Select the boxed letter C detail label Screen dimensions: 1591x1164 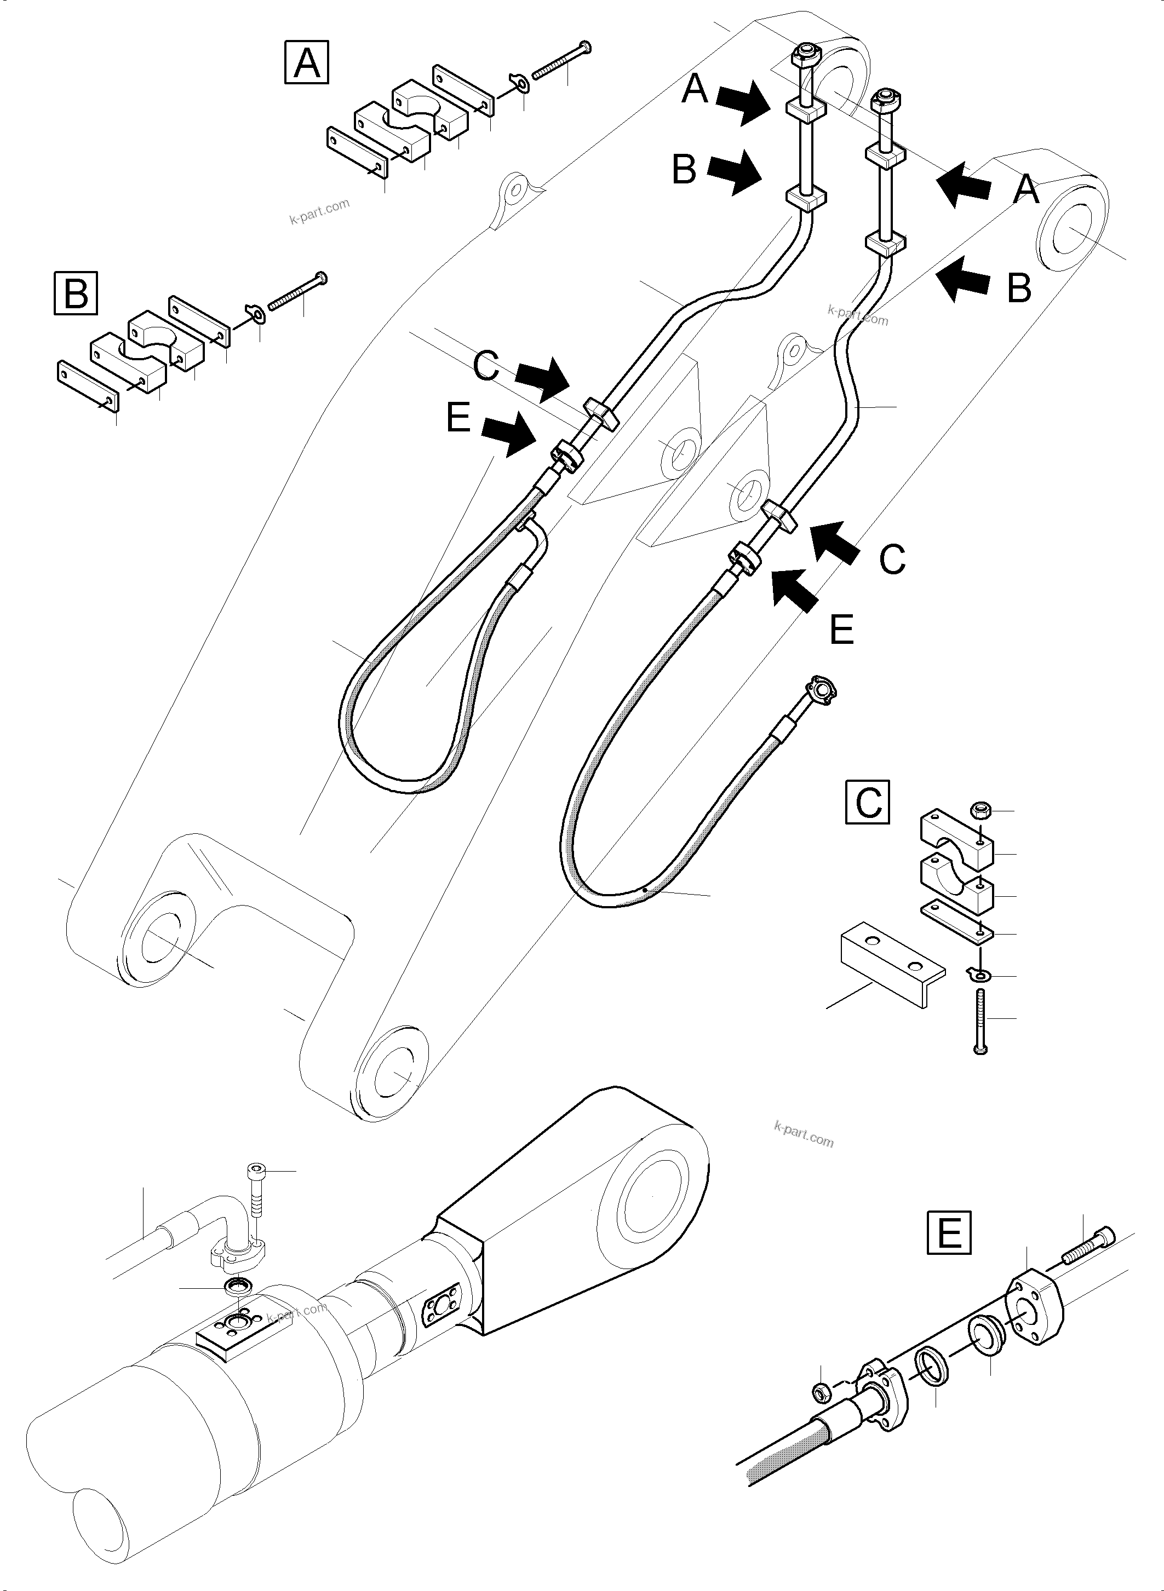coord(867,802)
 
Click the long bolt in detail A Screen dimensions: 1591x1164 coord(560,61)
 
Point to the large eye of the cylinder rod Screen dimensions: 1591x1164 coord(652,1198)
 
